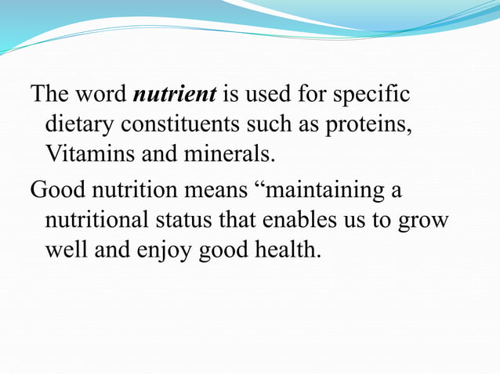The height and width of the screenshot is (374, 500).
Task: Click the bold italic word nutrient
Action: coord(175,95)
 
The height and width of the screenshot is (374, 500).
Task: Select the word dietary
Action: coord(81,124)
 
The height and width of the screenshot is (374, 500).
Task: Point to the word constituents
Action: coord(189,124)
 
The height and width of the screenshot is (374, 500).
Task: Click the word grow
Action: coord(424,221)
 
